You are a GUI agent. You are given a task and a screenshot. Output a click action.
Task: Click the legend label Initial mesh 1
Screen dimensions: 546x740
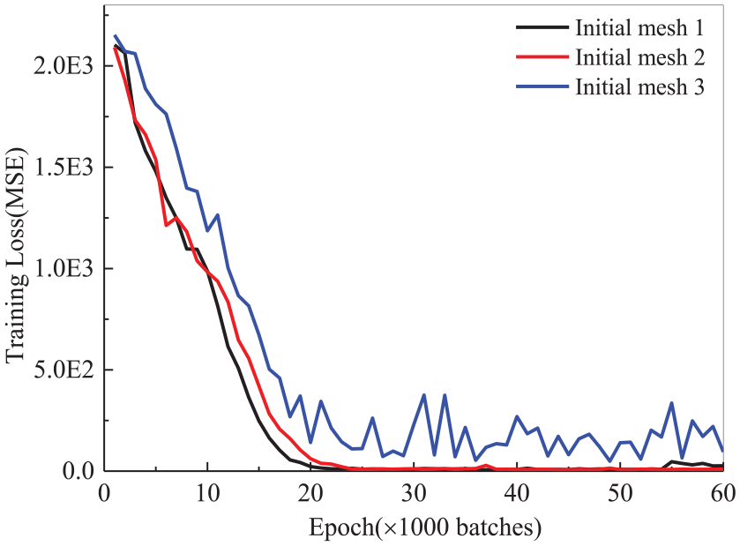639,28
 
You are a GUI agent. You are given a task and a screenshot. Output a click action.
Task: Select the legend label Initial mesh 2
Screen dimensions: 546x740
639,58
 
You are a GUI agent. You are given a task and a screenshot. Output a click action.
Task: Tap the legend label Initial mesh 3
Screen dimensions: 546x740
639,87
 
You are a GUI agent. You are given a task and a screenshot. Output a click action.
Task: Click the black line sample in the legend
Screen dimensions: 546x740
540,28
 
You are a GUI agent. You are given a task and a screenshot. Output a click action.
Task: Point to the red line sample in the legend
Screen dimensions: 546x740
540,58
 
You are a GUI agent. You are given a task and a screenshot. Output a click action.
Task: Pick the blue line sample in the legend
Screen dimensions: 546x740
540,87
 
